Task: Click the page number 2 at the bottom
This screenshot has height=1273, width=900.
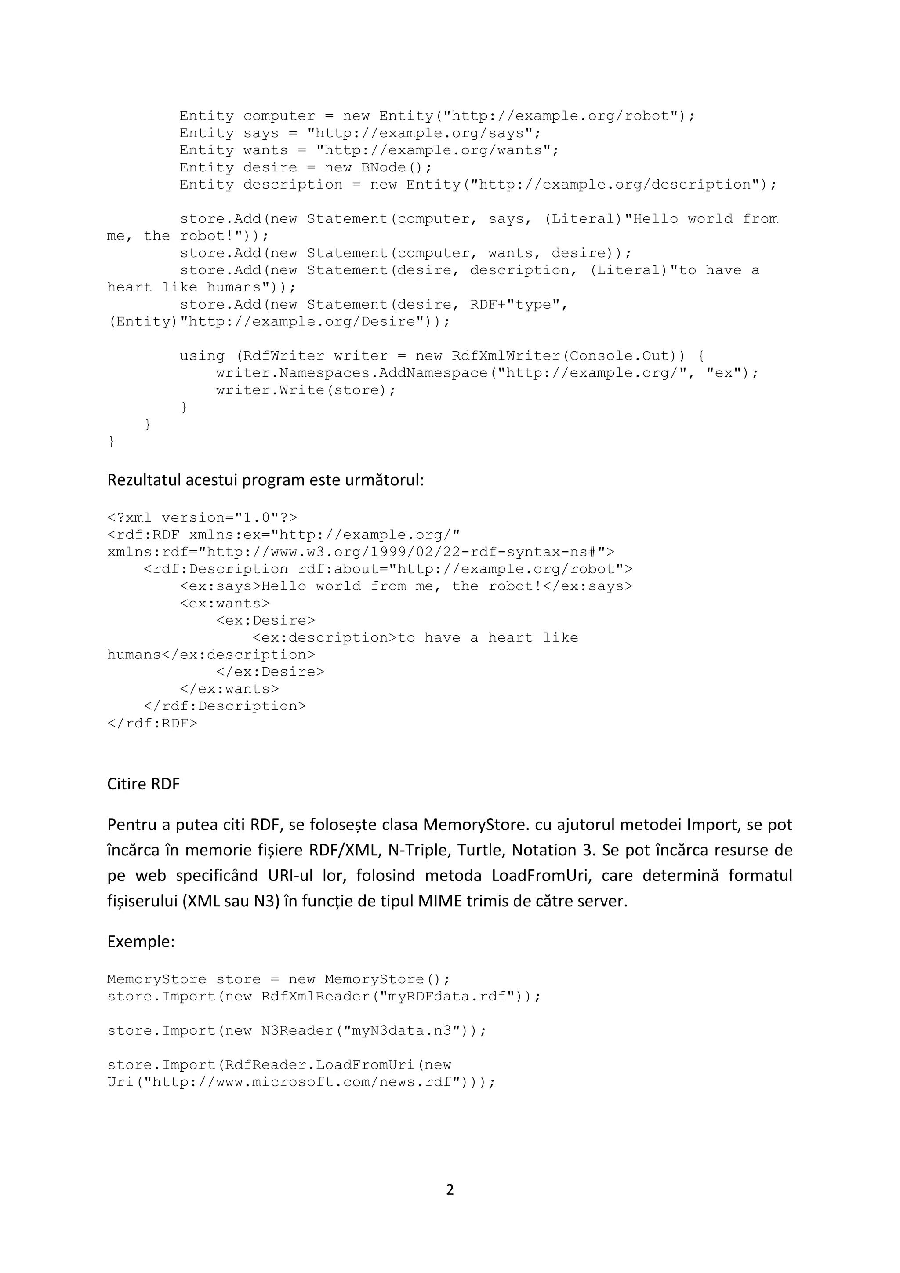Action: [x=450, y=1190]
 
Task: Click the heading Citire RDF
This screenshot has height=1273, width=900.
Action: [x=144, y=784]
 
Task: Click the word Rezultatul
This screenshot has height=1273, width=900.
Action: [x=144, y=480]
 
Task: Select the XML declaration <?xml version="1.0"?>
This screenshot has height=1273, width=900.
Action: [x=202, y=518]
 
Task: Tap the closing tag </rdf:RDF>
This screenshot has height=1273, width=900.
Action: [x=152, y=724]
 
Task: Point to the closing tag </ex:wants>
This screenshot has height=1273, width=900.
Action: [x=229, y=689]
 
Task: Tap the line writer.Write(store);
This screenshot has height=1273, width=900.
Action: [x=306, y=390]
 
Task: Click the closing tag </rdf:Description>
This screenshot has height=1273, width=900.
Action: [x=225, y=706]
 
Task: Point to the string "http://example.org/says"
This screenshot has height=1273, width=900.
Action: [x=423, y=133]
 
